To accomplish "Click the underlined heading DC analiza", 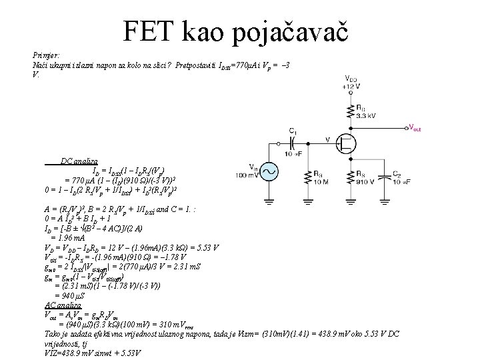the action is [79, 162].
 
